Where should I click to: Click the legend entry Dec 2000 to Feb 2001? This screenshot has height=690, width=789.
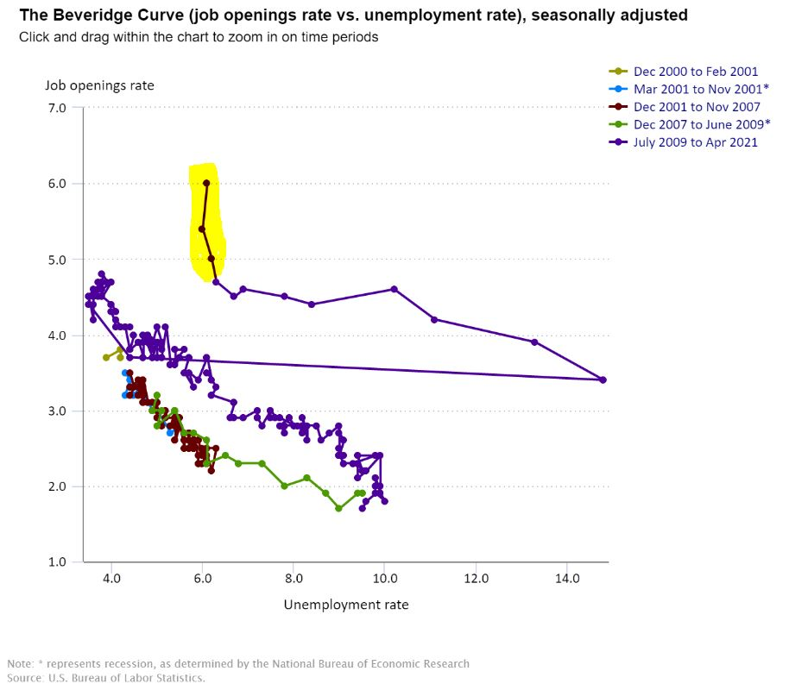click(696, 72)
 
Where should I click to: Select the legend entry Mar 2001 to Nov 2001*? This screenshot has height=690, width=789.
click(701, 89)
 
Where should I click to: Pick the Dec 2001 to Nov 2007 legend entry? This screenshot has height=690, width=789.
click(697, 107)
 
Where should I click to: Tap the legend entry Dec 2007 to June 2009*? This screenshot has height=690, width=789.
click(702, 124)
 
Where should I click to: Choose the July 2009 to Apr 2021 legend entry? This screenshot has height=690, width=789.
click(696, 142)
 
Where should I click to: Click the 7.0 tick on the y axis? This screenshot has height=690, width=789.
click(57, 108)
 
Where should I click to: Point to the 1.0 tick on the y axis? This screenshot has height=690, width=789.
click(57, 562)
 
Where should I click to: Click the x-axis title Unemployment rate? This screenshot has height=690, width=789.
click(346, 605)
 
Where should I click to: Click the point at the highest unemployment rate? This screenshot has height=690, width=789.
click(603, 379)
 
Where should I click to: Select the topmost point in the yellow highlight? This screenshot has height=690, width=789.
click(206, 183)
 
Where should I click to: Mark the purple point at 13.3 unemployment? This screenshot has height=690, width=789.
click(534, 342)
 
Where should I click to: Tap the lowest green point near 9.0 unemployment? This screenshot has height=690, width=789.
click(338, 508)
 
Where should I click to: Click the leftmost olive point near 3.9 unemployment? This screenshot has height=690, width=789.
click(106, 357)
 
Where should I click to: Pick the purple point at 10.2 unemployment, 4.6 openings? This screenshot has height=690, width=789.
click(394, 289)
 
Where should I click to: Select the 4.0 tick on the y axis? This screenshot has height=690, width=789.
click(57, 335)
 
